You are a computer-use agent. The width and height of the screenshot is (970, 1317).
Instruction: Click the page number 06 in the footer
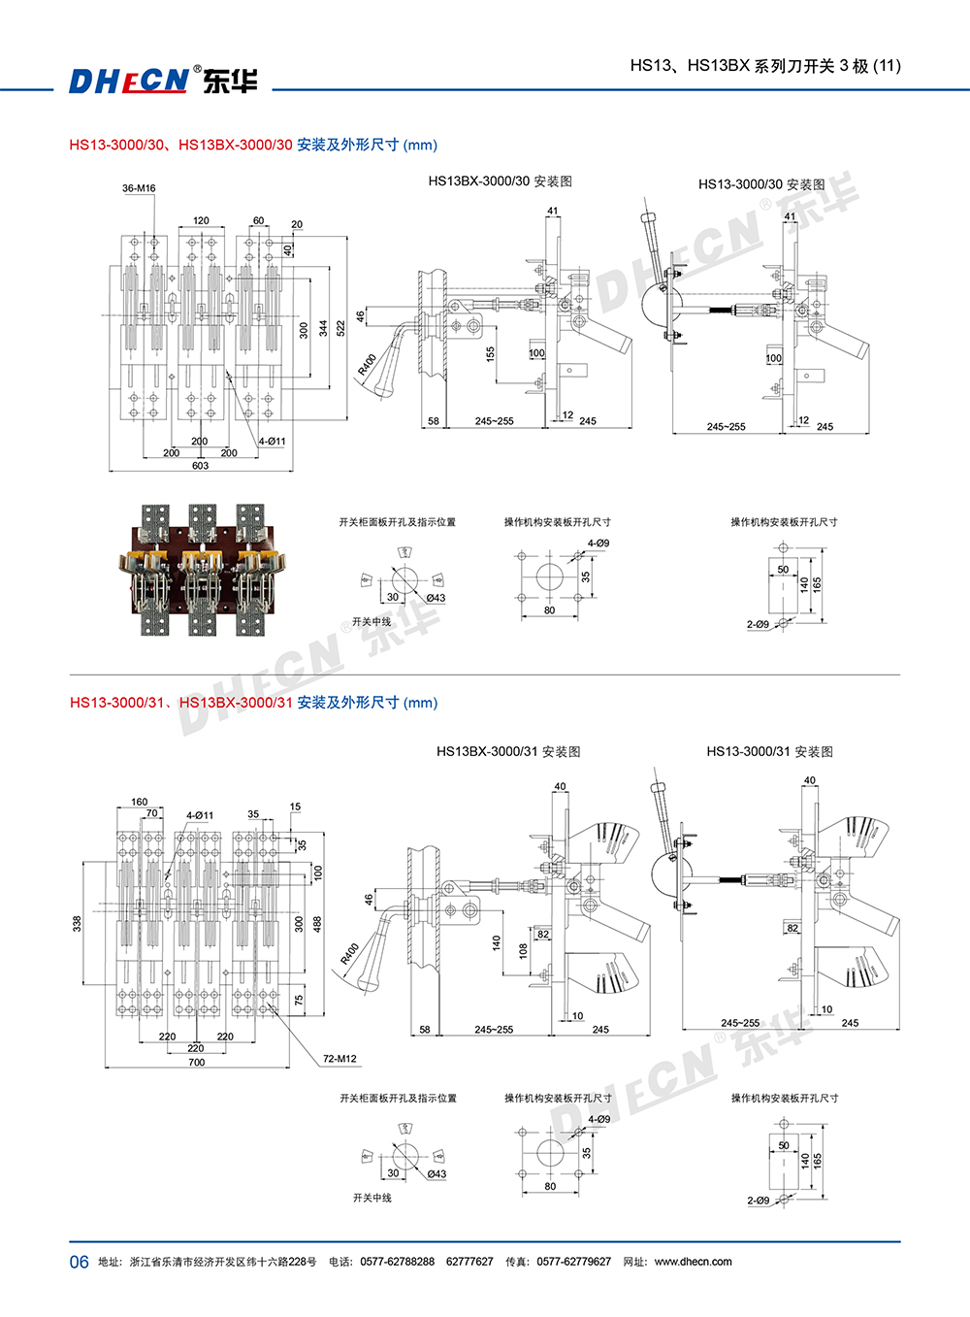point(79,1262)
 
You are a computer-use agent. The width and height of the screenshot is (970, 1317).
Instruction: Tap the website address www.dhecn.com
point(693,1262)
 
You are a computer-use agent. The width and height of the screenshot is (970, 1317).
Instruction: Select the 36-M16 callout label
point(139,188)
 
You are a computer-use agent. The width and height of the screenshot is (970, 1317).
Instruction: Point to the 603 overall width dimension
point(200,466)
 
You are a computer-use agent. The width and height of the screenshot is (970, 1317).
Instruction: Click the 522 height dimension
point(340,329)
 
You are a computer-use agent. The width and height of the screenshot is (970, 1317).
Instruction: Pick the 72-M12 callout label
point(339,1059)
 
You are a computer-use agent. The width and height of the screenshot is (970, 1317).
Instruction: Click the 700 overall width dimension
point(197,1063)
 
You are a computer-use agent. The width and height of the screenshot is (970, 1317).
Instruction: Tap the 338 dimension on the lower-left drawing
point(78,924)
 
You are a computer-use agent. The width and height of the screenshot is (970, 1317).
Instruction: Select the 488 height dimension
point(316,924)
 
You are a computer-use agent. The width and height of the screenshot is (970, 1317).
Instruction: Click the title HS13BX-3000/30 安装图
point(500,181)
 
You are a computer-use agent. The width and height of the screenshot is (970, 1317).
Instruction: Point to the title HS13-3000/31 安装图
point(769,752)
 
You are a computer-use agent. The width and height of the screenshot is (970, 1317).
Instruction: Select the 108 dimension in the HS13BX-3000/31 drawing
point(523,950)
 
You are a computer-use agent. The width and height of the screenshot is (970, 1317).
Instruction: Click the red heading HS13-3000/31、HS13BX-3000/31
point(180,703)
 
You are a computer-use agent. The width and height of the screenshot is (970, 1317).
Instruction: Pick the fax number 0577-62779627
point(573,1262)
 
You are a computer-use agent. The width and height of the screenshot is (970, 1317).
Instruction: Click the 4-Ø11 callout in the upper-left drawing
point(272,442)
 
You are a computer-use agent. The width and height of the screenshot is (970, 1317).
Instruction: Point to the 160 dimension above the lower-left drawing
point(140,803)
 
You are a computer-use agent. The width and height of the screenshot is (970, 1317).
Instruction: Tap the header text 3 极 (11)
point(870,66)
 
